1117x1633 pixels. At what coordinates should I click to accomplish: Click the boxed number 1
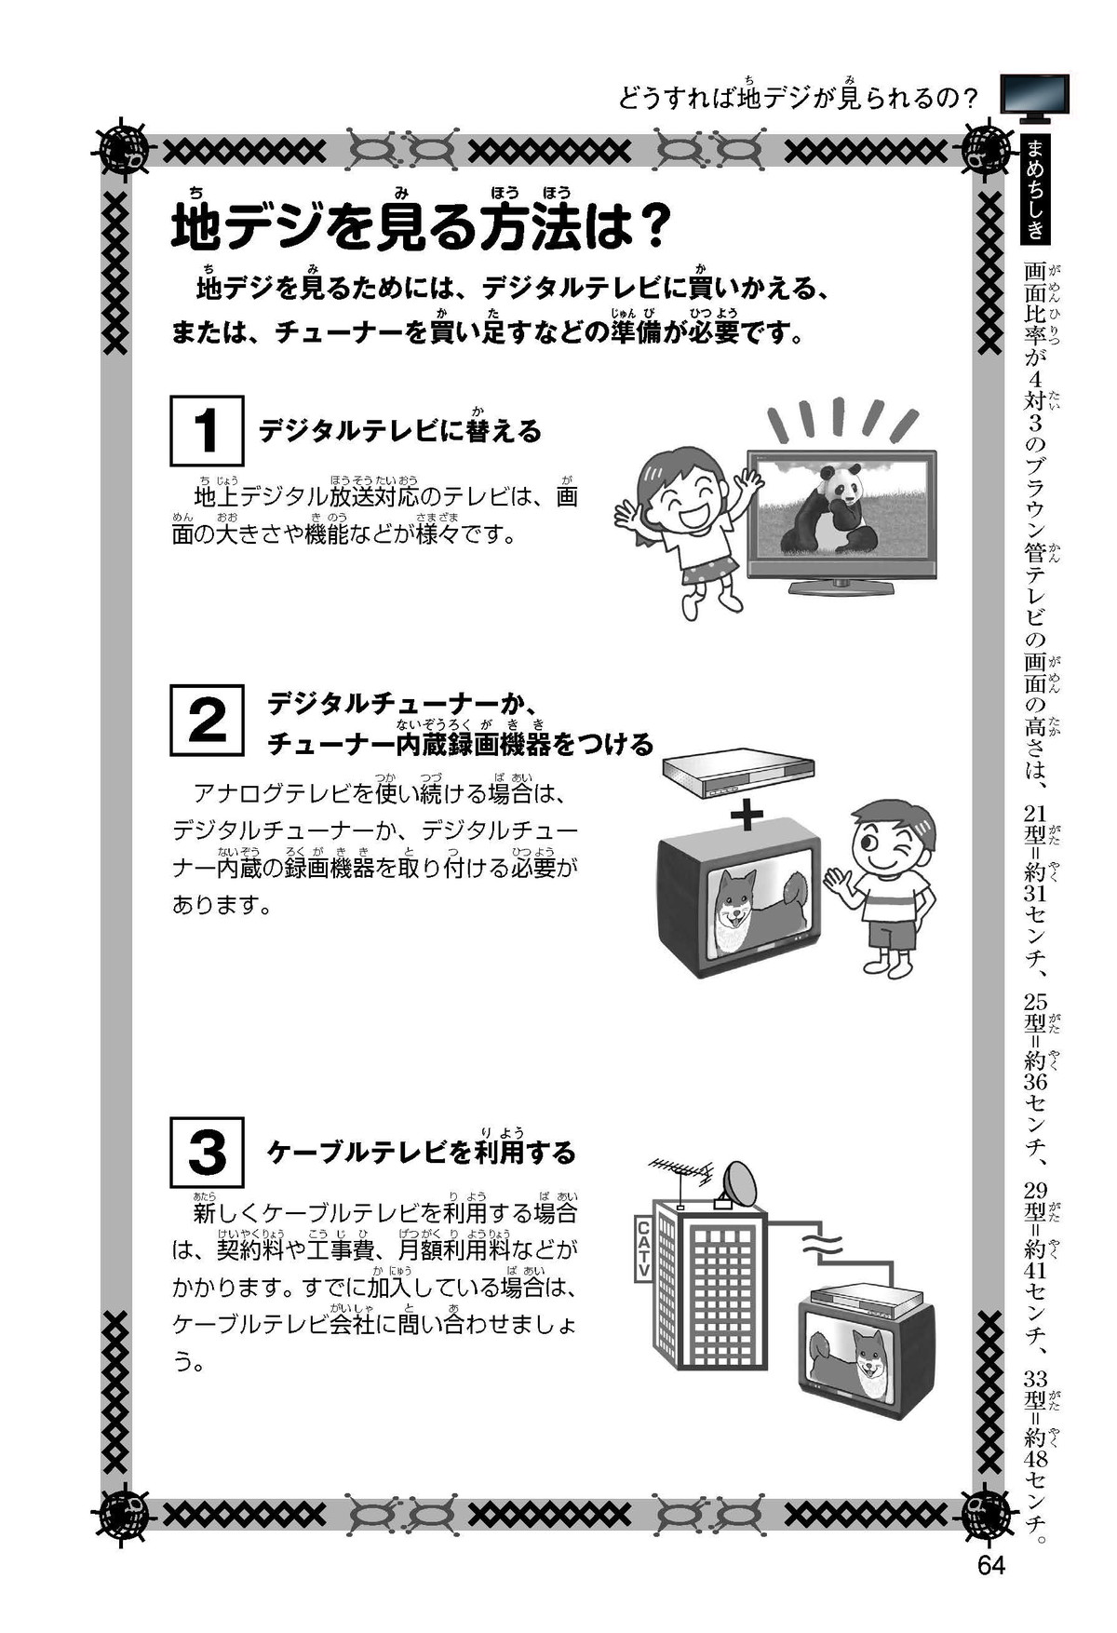(207, 430)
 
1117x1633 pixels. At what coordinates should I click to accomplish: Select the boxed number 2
(207, 720)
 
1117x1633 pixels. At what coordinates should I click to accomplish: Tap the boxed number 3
(207, 1152)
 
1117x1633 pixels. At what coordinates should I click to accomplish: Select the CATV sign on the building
(642, 1248)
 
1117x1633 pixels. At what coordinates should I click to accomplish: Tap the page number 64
(991, 1565)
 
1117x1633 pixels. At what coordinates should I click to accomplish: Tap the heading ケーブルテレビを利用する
(422, 1152)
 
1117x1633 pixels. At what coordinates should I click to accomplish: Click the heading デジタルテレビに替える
(400, 429)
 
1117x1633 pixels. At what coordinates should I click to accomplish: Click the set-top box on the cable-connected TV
(867, 1299)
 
